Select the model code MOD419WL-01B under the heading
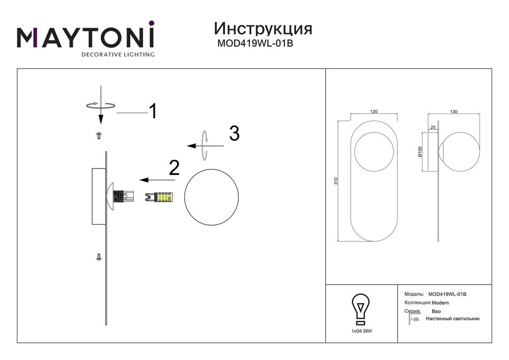pyautogui.click(x=255, y=44)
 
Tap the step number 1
pyautogui.click(x=152, y=111)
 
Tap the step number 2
pyautogui.click(x=174, y=168)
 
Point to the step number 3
pyautogui.click(x=234, y=133)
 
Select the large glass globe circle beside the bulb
pyautogui.click(x=211, y=196)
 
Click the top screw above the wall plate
pyautogui.click(x=100, y=135)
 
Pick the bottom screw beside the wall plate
pyautogui.click(x=99, y=258)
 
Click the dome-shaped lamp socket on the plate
pyautogui.click(x=111, y=196)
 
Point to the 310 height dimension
pyautogui.click(x=335, y=181)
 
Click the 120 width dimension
pyautogui.click(x=374, y=112)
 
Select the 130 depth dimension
pyautogui.click(x=454, y=112)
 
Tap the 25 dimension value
pyautogui.click(x=433, y=128)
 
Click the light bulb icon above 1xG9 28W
pyautogui.click(x=360, y=309)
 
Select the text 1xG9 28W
pyautogui.click(x=361, y=331)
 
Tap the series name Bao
pyautogui.click(x=436, y=311)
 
